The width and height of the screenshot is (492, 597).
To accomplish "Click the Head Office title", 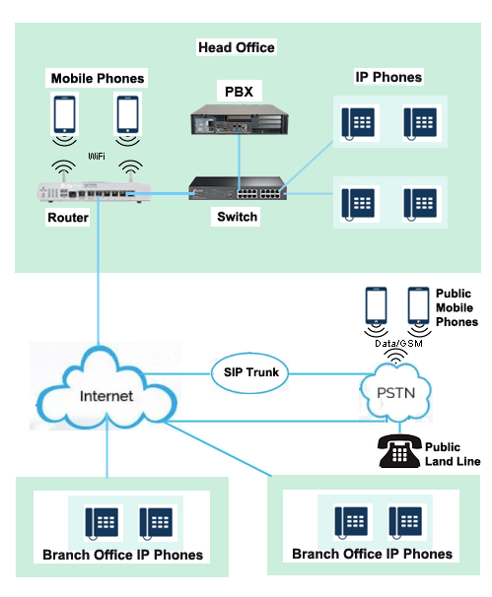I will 236,47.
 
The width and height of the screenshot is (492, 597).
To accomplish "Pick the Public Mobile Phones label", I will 457,307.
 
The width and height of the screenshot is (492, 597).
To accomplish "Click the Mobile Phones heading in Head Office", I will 98,78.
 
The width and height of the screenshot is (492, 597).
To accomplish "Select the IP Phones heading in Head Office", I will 387,77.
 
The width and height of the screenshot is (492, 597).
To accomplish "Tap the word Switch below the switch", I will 237,217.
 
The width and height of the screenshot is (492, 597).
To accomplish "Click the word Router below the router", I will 67,218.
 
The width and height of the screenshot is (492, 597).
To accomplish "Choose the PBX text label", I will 238,92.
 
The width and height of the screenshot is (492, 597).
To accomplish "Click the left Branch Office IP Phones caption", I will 122,555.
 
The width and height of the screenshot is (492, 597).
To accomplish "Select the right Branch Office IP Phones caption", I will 372,554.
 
